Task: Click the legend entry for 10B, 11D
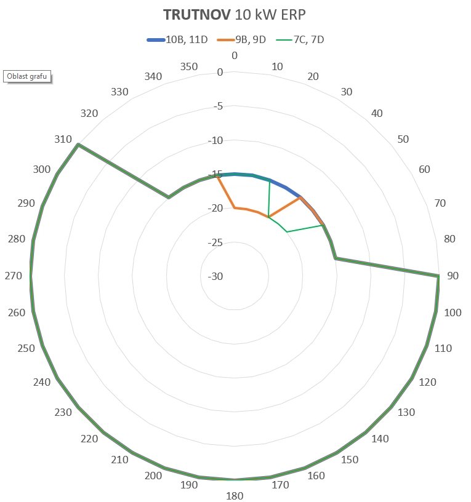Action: pyautogui.click(x=186, y=40)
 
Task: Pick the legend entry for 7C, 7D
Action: pyautogui.click(x=308, y=40)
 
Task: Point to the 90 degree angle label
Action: pyautogui.click(x=453, y=276)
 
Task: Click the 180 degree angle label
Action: pyautogui.click(x=235, y=496)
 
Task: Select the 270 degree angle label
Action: pyautogui.click(x=14, y=276)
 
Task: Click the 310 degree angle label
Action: pyautogui.click(x=62, y=139)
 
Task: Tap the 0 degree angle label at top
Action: pyautogui.click(x=235, y=56)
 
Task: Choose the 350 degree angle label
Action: pyautogui.click(x=189, y=66)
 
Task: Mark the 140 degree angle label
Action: pyautogui.click(x=380, y=439)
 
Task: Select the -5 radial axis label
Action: pyautogui.click(x=217, y=106)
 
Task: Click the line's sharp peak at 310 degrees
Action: pyautogui.click(x=78, y=145)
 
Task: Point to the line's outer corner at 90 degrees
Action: pyautogui.click(x=438, y=276)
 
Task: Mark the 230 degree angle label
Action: pyautogui.click(x=63, y=412)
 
